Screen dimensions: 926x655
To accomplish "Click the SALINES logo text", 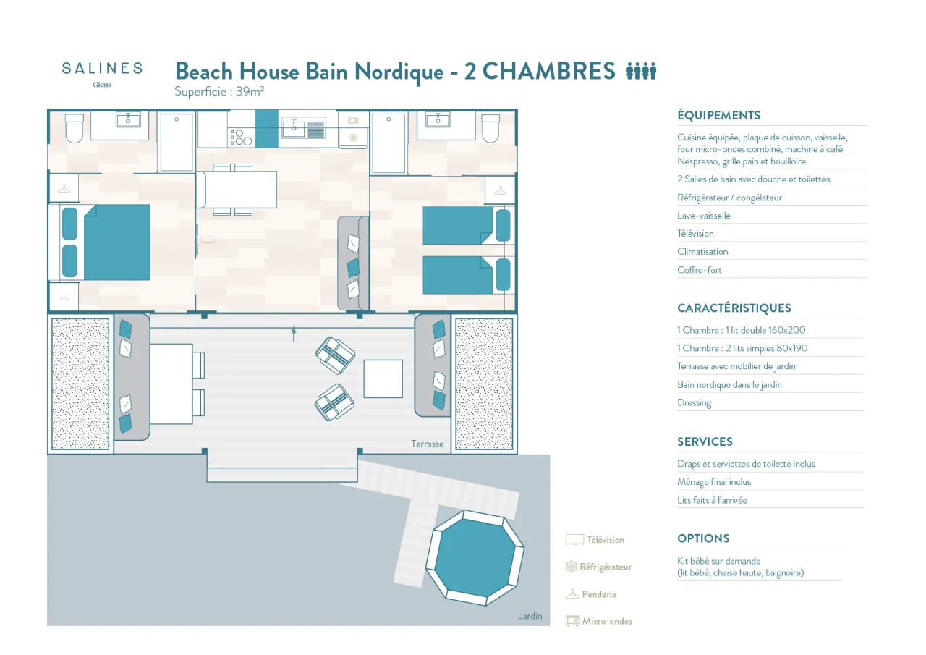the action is [102, 68].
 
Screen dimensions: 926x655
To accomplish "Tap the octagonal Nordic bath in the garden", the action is [475, 557].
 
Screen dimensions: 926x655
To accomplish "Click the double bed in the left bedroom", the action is [106, 242].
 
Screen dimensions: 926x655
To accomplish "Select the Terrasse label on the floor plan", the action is [428, 444].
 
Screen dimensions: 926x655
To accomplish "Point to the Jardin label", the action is [530, 616].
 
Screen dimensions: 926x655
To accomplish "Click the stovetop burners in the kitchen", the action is [241, 138].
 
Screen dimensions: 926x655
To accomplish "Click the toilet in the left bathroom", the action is [75, 128].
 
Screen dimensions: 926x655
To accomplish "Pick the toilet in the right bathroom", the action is [490, 128].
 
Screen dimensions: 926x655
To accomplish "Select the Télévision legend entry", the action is [595, 540].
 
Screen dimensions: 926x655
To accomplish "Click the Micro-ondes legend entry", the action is [598, 621].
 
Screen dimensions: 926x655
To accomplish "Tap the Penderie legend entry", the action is [591, 594].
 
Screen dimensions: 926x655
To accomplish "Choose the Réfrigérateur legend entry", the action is [598, 567].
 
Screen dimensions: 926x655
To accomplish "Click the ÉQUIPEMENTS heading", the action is [718, 115].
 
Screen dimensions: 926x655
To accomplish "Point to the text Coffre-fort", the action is [699, 270].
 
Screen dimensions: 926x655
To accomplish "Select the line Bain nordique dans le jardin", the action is [729, 384].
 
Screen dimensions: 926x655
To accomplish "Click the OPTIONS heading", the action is [703, 538].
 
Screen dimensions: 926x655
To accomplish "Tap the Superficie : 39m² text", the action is [219, 91].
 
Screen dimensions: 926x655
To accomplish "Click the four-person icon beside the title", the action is [641, 71].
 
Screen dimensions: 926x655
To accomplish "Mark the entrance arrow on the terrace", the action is [294, 334].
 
